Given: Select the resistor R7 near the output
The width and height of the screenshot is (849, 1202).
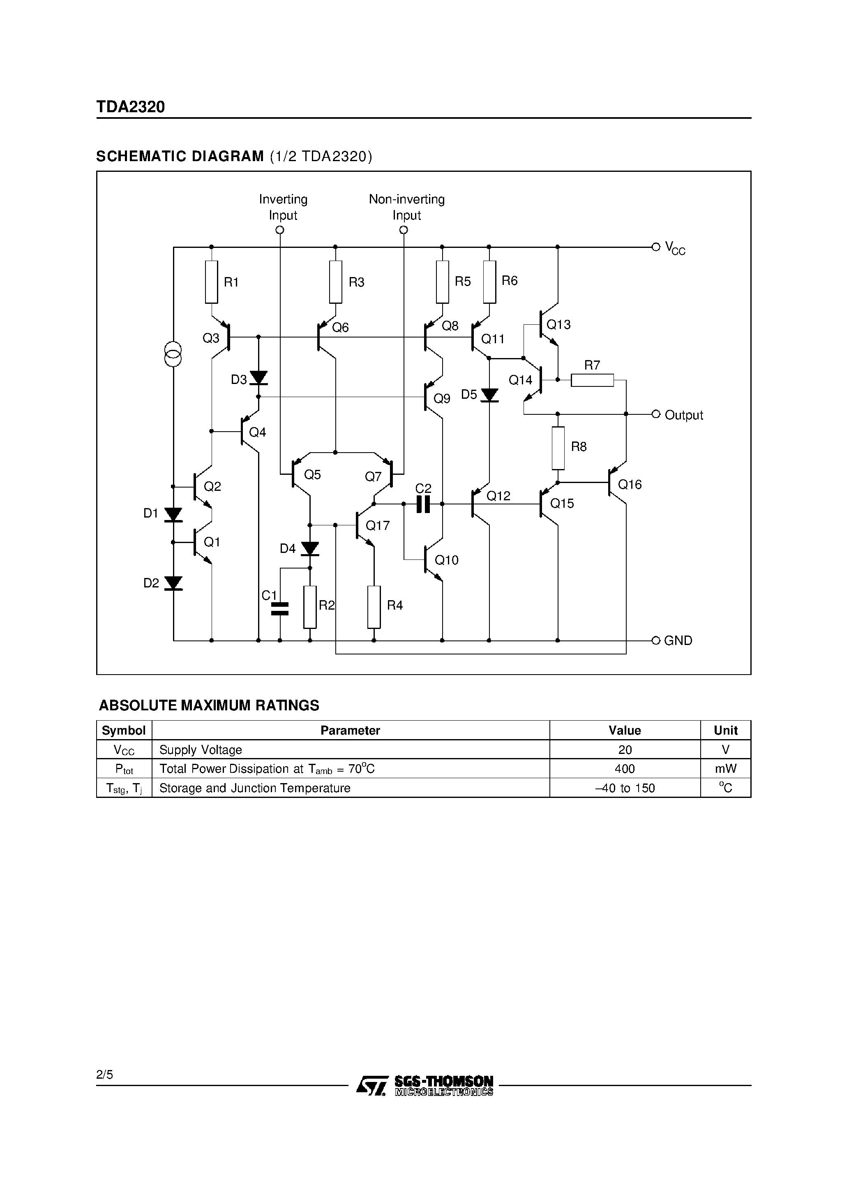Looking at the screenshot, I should click(592, 380).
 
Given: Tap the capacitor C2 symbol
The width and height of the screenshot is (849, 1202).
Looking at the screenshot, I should click(423, 504).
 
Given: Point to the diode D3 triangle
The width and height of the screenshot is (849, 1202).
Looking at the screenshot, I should click(258, 377).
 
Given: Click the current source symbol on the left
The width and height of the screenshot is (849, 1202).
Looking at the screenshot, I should click(173, 354).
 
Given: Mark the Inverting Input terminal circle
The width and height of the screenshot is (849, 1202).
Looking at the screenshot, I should click(279, 230).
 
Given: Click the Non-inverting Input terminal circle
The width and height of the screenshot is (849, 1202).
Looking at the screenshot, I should click(403, 230).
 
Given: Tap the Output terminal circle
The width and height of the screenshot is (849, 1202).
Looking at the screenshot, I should click(656, 414).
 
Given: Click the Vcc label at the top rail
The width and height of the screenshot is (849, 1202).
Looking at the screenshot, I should click(675, 248).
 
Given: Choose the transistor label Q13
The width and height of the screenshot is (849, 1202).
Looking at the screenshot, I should click(558, 325).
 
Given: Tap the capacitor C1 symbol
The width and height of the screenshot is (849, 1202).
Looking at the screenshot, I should click(279, 608).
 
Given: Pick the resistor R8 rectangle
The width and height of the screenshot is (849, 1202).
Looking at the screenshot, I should click(558, 448).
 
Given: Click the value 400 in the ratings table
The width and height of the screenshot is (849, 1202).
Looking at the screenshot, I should click(625, 769).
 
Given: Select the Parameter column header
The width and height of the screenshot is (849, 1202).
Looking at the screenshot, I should click(350, 730).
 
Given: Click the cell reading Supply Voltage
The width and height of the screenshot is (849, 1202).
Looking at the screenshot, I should click(201, 750).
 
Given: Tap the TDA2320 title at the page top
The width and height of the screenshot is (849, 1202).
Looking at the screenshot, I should click(130, 107).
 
